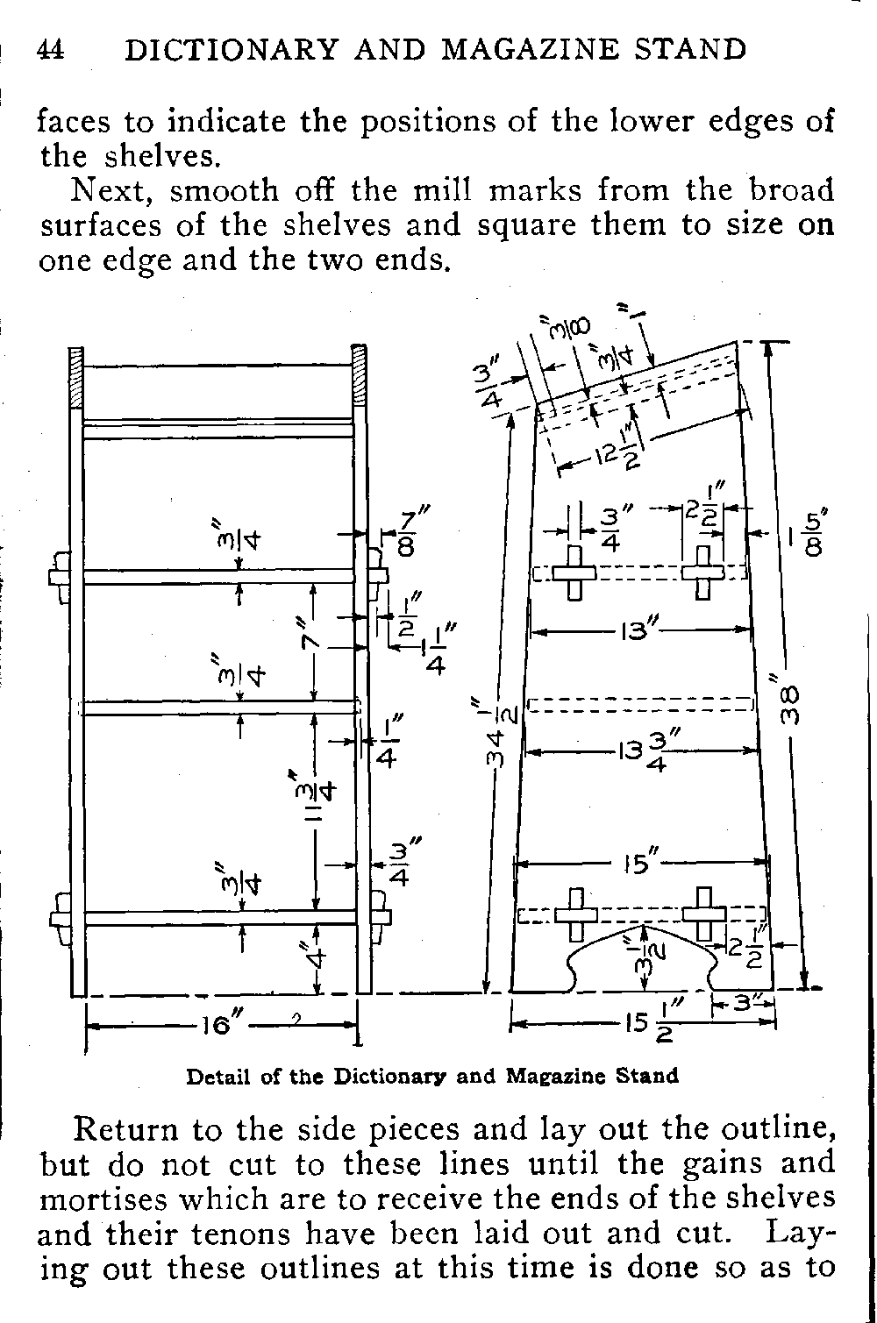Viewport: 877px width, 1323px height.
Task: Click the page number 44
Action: [x=51, y=49]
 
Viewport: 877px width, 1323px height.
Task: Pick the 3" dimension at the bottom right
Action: [x=744, y=1001]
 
